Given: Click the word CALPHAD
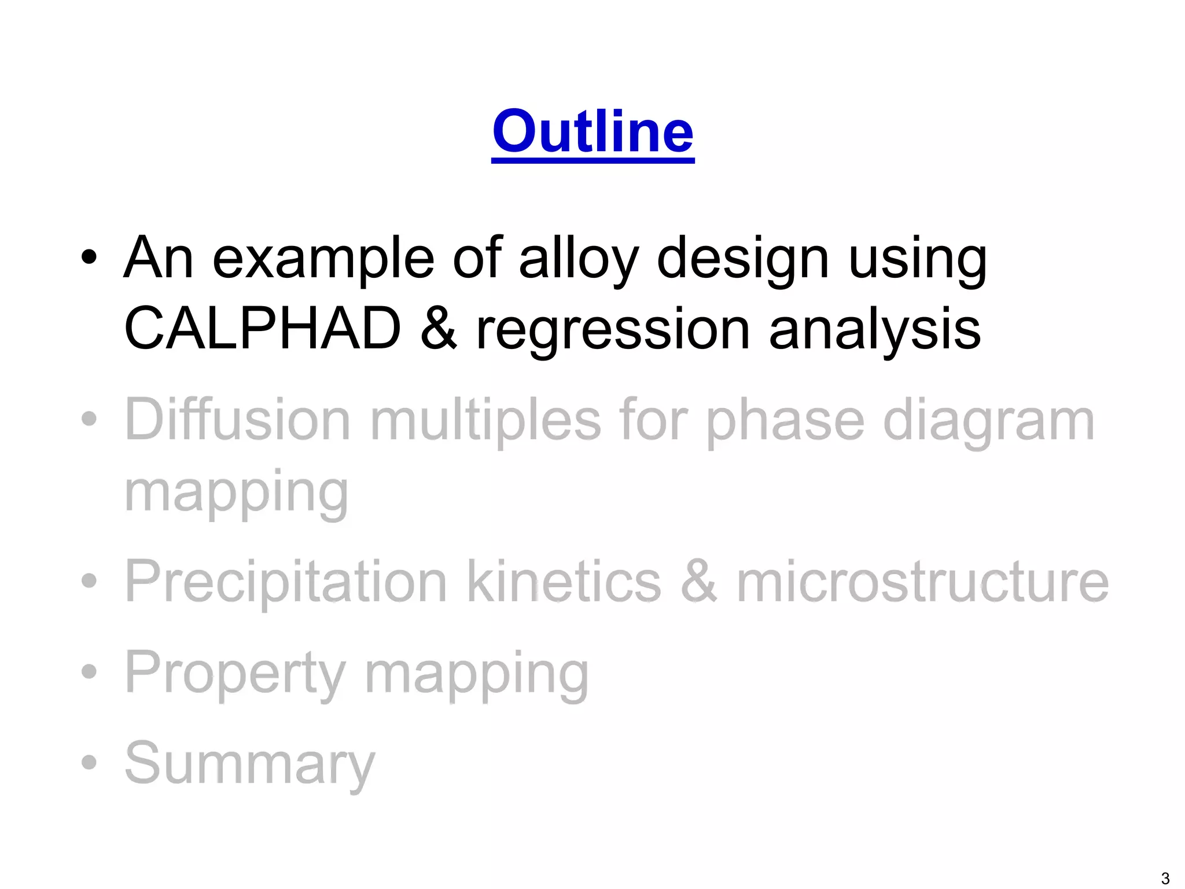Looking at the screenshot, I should click(262, 329).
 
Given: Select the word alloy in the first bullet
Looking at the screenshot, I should click(579, 259).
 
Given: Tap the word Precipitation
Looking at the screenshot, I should click(286, 582).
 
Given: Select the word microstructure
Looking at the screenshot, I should click(922, 582).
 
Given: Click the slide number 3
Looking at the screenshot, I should click(1165, 878).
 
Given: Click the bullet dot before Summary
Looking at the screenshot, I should click(89, 762).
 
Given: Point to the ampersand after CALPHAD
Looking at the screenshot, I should click(439, 329).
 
